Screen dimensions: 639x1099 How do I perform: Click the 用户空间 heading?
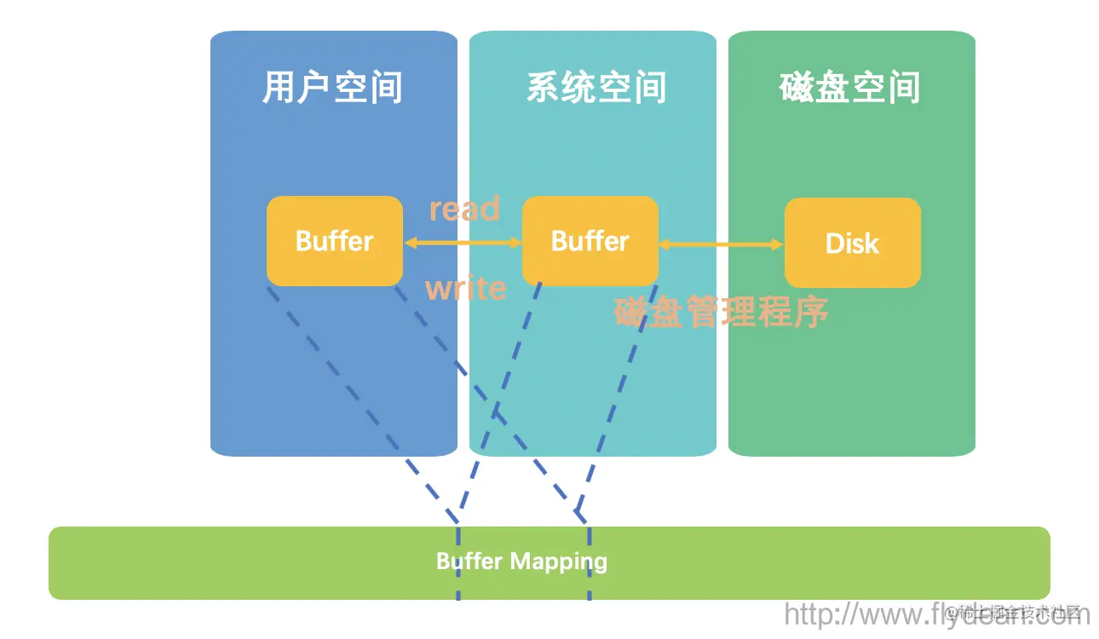coord(332,88)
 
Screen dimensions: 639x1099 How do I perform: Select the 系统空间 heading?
coord(596,88)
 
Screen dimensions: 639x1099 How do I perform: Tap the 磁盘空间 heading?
coord(849,88)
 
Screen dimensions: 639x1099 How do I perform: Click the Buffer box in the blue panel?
coord(334,241)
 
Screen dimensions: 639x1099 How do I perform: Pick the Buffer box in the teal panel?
coord(590,241)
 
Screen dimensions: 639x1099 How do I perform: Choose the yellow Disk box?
coord(852,244)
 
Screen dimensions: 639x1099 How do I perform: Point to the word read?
coord(464,209)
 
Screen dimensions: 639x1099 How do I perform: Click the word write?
coord(465,289)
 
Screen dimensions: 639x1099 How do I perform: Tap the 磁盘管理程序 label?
coord(721,313)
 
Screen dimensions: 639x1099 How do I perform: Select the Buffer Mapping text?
coord(521,561)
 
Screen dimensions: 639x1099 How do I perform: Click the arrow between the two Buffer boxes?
coord(463,243)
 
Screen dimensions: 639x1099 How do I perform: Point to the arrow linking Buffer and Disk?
coord(721,245)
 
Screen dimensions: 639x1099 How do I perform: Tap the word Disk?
coord(852,245)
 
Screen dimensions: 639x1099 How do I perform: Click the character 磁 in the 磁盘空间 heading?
coord(797,88)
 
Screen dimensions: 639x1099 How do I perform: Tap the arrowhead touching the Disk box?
coord(777,245)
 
